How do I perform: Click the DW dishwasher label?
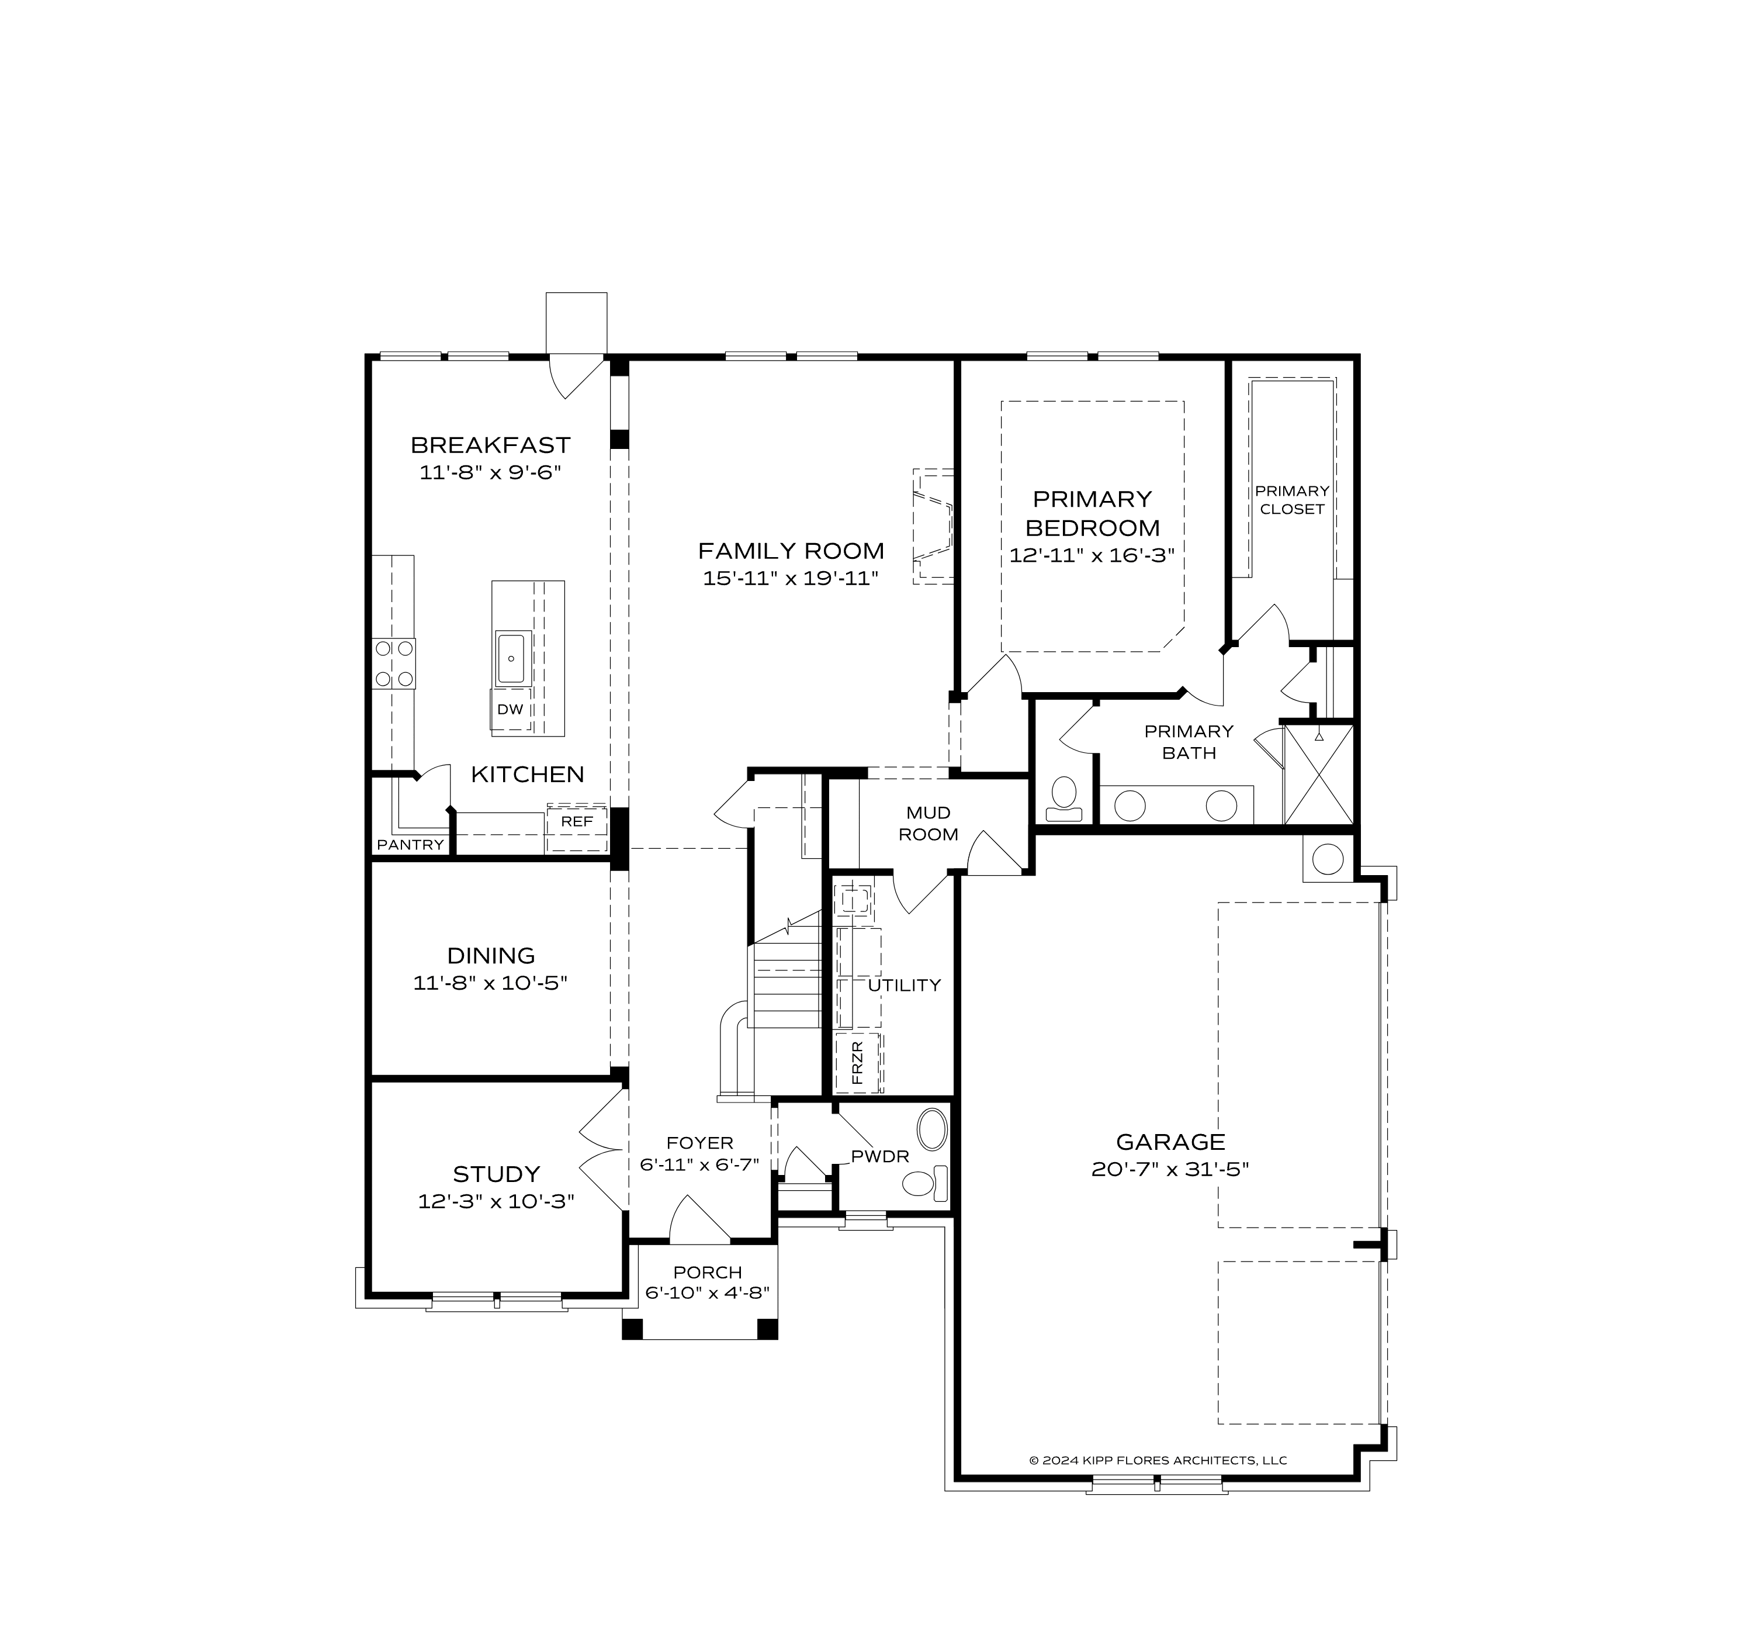pyautogui.click(x=510, y=709)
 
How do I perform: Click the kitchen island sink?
pyautogui.click(x=511, y=659)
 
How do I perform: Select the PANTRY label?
pyautogui.click(x=410, y=845)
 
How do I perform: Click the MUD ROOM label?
pyautogui.click(x=928, y=824)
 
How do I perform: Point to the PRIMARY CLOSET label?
pyautogui.click(x=1292, y=500)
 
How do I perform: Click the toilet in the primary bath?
pyautogui.click(x=1064, y=797)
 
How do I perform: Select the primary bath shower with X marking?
pyautogui.click(x=1318, y=775)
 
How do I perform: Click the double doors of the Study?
pyautogui.click(x=603, y=1150)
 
